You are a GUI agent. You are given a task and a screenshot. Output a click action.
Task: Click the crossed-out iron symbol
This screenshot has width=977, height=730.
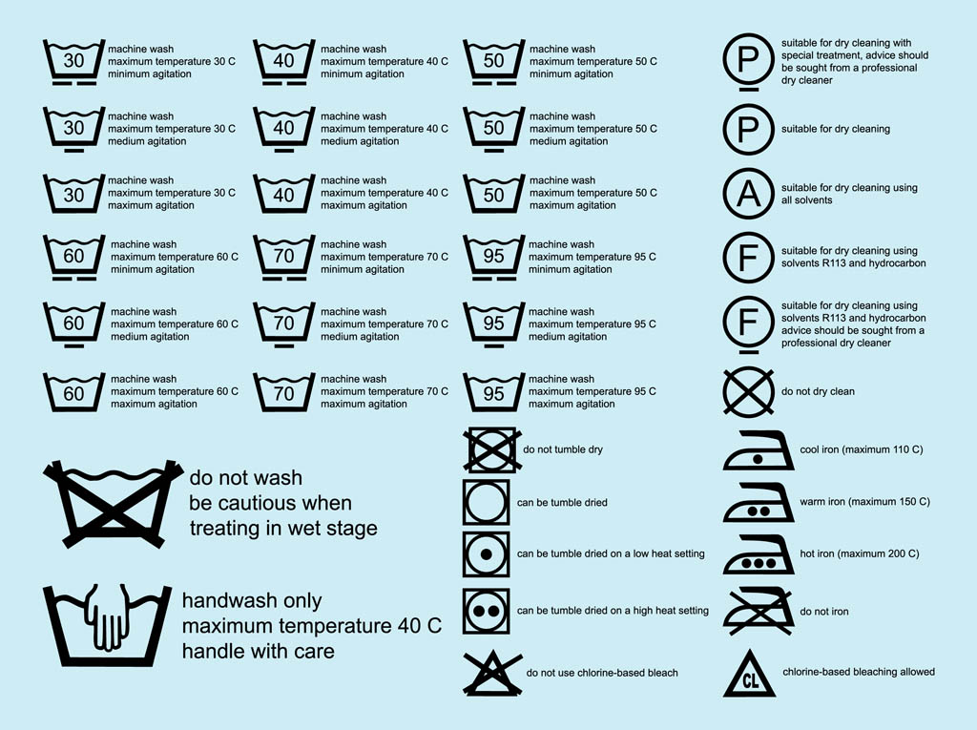coord(759,612)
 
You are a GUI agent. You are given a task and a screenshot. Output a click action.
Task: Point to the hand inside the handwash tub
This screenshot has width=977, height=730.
coord(106,615)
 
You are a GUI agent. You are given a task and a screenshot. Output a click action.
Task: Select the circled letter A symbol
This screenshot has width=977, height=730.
coord(750,194)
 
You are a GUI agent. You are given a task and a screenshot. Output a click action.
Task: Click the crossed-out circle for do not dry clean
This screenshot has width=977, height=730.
coord(750,391)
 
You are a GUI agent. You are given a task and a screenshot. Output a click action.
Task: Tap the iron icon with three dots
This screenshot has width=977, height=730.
coord(759,556)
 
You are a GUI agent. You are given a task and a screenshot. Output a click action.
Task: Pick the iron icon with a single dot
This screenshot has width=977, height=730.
coord(759,451)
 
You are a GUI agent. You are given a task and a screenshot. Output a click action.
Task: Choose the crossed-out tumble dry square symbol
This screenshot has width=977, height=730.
coord(490,449)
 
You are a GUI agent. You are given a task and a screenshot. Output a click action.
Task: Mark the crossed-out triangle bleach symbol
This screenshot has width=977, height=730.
coord(491,672)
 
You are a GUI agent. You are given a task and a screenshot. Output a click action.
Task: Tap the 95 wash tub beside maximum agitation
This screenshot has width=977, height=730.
coord(493,392)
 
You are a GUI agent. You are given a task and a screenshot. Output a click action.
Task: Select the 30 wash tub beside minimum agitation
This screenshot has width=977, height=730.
coord(73,62)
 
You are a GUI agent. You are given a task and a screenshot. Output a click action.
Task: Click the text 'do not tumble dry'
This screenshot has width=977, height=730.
coord(563,449)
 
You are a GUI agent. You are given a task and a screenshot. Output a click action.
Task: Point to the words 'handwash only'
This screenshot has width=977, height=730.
coord(252,601)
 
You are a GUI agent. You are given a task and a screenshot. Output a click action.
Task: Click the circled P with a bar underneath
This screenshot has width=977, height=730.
coord(750,62)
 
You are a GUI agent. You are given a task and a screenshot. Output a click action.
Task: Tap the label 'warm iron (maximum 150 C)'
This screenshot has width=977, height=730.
coord(863,502)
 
